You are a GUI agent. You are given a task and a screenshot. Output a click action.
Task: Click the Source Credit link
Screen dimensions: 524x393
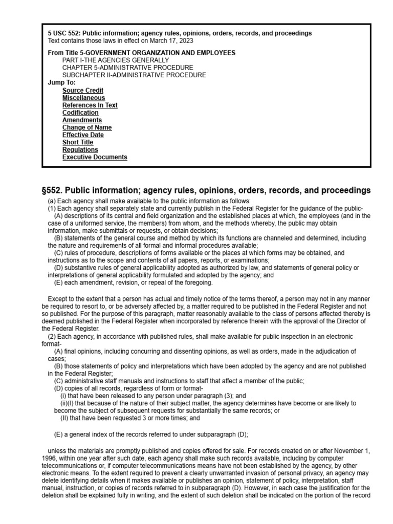(83, 91)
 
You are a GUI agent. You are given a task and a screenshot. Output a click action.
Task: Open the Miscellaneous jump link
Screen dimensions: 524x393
(84, 98)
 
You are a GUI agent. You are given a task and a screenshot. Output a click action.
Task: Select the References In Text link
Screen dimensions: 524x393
(90, 105)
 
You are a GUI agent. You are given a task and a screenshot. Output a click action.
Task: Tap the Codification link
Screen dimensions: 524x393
(80, 113)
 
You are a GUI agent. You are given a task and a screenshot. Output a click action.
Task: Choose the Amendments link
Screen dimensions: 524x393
(82, 120)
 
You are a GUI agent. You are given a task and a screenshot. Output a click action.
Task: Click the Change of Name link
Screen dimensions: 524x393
(87, 127)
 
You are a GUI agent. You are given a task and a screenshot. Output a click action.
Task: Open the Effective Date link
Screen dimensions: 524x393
(83, 135)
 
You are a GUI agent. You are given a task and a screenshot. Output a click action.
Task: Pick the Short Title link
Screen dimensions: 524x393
(78, 142)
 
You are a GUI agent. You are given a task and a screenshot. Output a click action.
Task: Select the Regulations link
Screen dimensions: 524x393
(80, 150)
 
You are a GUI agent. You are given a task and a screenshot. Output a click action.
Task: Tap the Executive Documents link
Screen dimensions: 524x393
(95, 157)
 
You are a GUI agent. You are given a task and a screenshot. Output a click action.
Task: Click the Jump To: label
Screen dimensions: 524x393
(61, 82)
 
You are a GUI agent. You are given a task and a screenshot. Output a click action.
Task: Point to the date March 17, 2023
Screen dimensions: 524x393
(170, 40)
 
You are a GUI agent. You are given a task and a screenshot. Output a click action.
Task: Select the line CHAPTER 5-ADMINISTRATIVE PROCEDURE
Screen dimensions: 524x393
(128, 68)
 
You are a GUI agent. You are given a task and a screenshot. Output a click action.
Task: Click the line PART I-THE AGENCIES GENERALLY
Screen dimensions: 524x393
(116, 60)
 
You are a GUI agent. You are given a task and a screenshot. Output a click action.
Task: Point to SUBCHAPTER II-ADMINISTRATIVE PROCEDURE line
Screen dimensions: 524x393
(134, 75)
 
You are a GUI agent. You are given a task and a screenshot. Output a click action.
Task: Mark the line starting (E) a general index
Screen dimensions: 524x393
(151, 434)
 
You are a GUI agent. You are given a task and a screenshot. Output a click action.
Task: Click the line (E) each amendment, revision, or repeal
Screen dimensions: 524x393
(133, 282)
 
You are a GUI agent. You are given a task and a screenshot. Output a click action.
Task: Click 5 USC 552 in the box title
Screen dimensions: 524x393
(64, 33)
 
